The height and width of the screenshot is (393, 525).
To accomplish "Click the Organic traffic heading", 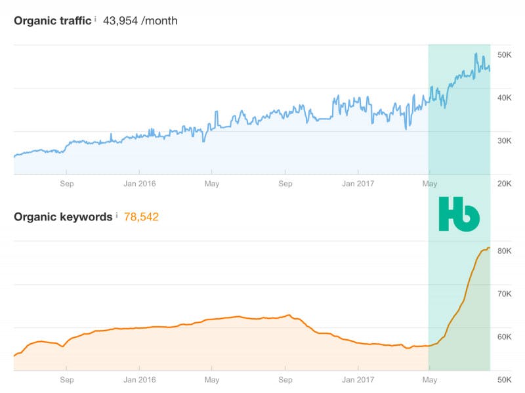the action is [52, 21].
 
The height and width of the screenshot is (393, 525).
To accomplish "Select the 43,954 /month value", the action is [140, 21].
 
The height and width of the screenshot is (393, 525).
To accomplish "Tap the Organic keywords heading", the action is [63, 217].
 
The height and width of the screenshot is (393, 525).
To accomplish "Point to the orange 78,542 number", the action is [141, 217].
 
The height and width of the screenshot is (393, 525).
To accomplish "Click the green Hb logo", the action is [459, 214].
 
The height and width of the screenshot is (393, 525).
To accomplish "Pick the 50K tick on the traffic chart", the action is [504, 54].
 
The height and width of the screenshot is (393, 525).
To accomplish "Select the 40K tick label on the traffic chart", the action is [504, 98].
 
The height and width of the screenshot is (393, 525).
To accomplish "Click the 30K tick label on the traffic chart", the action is [504, 140].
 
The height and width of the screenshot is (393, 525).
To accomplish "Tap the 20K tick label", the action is [504, 184].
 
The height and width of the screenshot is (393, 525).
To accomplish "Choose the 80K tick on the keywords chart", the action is [504, 251].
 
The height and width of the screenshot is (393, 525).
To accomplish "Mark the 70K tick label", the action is [504, 293].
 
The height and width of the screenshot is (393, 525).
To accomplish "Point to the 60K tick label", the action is [504, 337].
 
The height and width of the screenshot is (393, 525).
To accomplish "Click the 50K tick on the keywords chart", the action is [504, 380].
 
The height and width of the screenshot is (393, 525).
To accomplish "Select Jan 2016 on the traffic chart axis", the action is [140, 184].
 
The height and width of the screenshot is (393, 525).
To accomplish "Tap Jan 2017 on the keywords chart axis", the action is [358, 380].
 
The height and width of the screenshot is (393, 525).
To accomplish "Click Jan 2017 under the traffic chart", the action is [358, 184].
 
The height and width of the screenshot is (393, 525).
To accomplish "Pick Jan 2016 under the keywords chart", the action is [140, 380].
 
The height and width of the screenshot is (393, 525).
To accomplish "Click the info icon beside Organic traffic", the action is [95, 19].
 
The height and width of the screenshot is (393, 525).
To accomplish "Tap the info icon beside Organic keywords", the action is [117, 215].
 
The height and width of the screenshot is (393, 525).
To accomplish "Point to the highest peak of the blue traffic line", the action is [476, 53].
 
